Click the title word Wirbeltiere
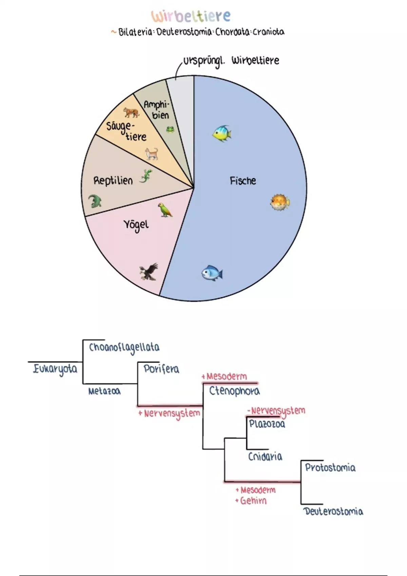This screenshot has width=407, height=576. pyautogui.click(x=191, y=16)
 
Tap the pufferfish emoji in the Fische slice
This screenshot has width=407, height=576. pyautogui.click(x=280, y=202)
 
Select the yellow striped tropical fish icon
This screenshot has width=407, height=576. pyautogui.click(x=222, y=133)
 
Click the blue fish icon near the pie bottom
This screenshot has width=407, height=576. pyautogui.click(x=212, y=273)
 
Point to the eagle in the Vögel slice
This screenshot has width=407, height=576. pyautogui.click(x=149, y=272)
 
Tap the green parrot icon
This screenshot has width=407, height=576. pyautogui.click(x=165, y=210)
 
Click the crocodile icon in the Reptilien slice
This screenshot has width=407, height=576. pyautogui.click(x=95, y=201)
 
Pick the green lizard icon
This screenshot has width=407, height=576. pyautogui.click(x=146, y=176)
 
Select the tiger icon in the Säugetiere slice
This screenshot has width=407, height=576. pyautogui.click(x=131, y=112)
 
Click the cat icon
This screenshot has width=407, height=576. pyautogui.click(x=152, y=153)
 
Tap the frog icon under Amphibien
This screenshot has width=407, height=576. pyautogui.click(x=170, y=129)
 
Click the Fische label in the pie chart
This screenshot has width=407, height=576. pyautogui.click(x=243, y=181)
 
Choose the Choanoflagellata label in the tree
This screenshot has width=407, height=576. pyautogui.click(x=124, y=348)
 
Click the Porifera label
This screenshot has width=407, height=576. pyautogui.click(x=161, y=369)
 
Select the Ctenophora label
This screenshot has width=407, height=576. pyautogui.click(x=234, y=391)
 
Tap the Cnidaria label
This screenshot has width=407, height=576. pyautogui.click(x=265, y=456)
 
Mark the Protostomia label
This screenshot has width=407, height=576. pyautogui.click(x=330, y=468)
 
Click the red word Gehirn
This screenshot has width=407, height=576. pyautogui.click(x=253, y=501)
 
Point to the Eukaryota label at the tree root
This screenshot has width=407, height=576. pyautogui.click(x=55, y=369)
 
